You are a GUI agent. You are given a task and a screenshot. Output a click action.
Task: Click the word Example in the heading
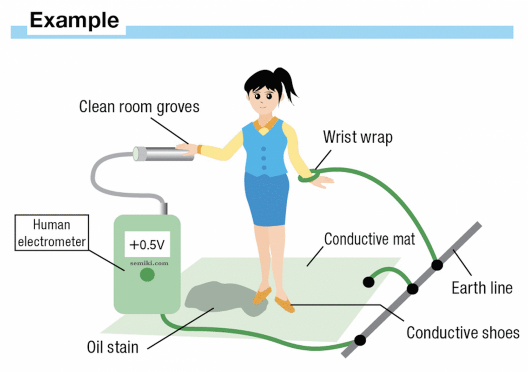click(74, 20)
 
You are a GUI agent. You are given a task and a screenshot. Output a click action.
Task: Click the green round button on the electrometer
click(147, 275)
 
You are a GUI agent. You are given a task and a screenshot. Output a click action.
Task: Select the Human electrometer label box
click(52, 233)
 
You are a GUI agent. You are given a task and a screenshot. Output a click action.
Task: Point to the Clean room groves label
click(139, 107)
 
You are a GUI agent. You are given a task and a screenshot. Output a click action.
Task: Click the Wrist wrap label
click(357, 137)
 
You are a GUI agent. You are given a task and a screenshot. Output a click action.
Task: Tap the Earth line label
click(482, 287)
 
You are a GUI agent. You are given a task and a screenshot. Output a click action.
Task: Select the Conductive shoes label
click(463, 332)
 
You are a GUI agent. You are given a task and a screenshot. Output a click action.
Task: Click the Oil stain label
click(112, 347)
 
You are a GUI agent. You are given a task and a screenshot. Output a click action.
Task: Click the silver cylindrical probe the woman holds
click(162, 153)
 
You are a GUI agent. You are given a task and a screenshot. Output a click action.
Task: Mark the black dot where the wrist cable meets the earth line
click(437, 265)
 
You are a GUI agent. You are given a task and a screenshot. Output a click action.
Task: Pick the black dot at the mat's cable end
click(368, 282)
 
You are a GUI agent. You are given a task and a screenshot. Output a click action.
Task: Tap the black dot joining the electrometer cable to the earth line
click(360, 340)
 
